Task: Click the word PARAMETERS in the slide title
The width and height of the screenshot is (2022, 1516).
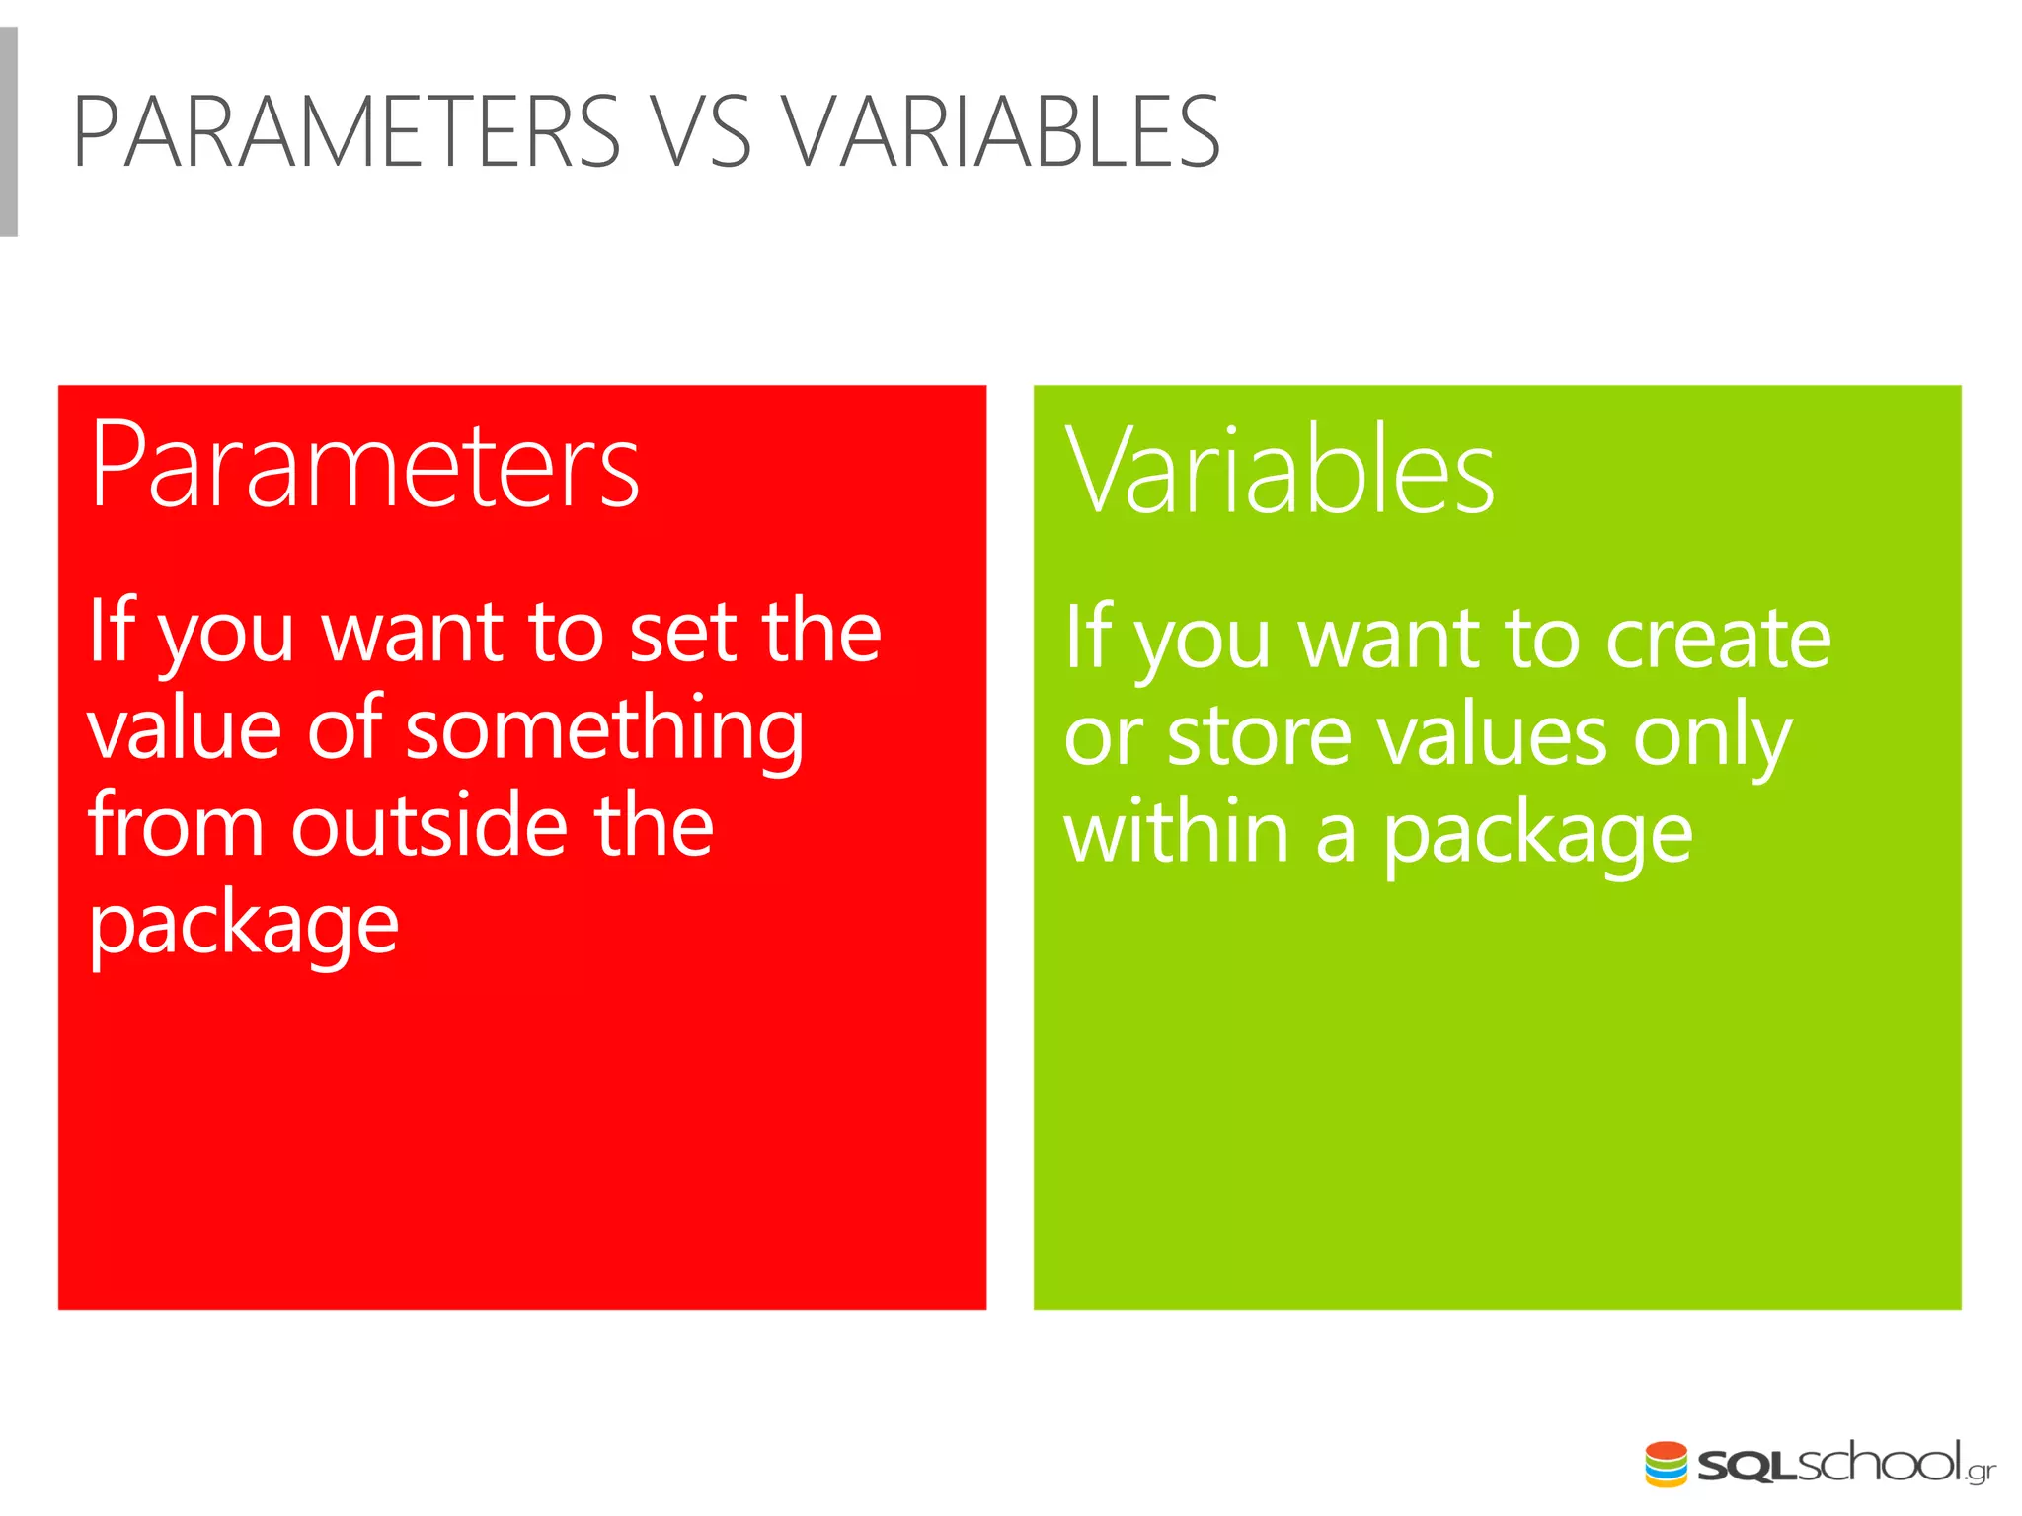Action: point(347,132)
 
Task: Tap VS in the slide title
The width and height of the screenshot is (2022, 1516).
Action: point(702,132)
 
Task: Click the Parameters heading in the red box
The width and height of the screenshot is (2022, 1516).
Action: point(364,466)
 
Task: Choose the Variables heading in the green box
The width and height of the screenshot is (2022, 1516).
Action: point(1280,471)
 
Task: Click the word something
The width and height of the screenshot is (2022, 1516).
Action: point(604,730)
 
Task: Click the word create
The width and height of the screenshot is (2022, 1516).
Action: point(1718,640)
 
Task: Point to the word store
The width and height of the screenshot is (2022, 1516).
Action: point(1259,737)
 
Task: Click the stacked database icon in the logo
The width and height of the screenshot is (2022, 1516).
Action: point(1666,1464)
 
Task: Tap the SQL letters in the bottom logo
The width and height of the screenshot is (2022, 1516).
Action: point(1745,1467)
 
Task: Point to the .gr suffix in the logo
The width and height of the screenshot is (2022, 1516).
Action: point(1980,1472)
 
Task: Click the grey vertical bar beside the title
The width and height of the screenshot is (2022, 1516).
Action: point(9,132)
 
